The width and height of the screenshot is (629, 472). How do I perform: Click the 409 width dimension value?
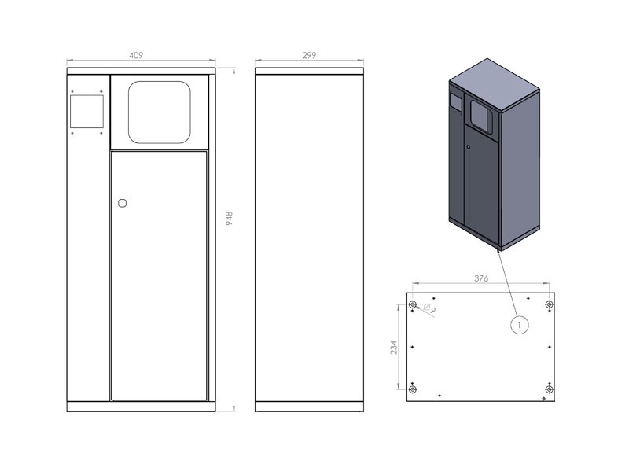[x=136, y=55]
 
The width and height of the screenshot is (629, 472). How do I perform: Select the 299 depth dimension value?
[x=309, y=55]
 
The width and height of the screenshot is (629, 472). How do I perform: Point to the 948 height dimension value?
[x=229, y=219]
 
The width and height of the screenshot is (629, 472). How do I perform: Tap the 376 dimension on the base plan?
[x=481, y=278]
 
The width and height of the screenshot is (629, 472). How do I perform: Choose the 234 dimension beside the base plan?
[x=394, y=348]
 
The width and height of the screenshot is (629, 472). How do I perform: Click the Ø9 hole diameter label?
[x=429, y=308]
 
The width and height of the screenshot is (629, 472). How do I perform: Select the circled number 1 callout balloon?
[x=520, y=324]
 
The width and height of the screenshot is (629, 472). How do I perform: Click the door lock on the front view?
[x=123, y=203]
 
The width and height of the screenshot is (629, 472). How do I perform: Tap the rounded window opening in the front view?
[x=160, y=112]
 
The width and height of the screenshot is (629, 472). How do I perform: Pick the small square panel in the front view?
[x=86, y=112]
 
